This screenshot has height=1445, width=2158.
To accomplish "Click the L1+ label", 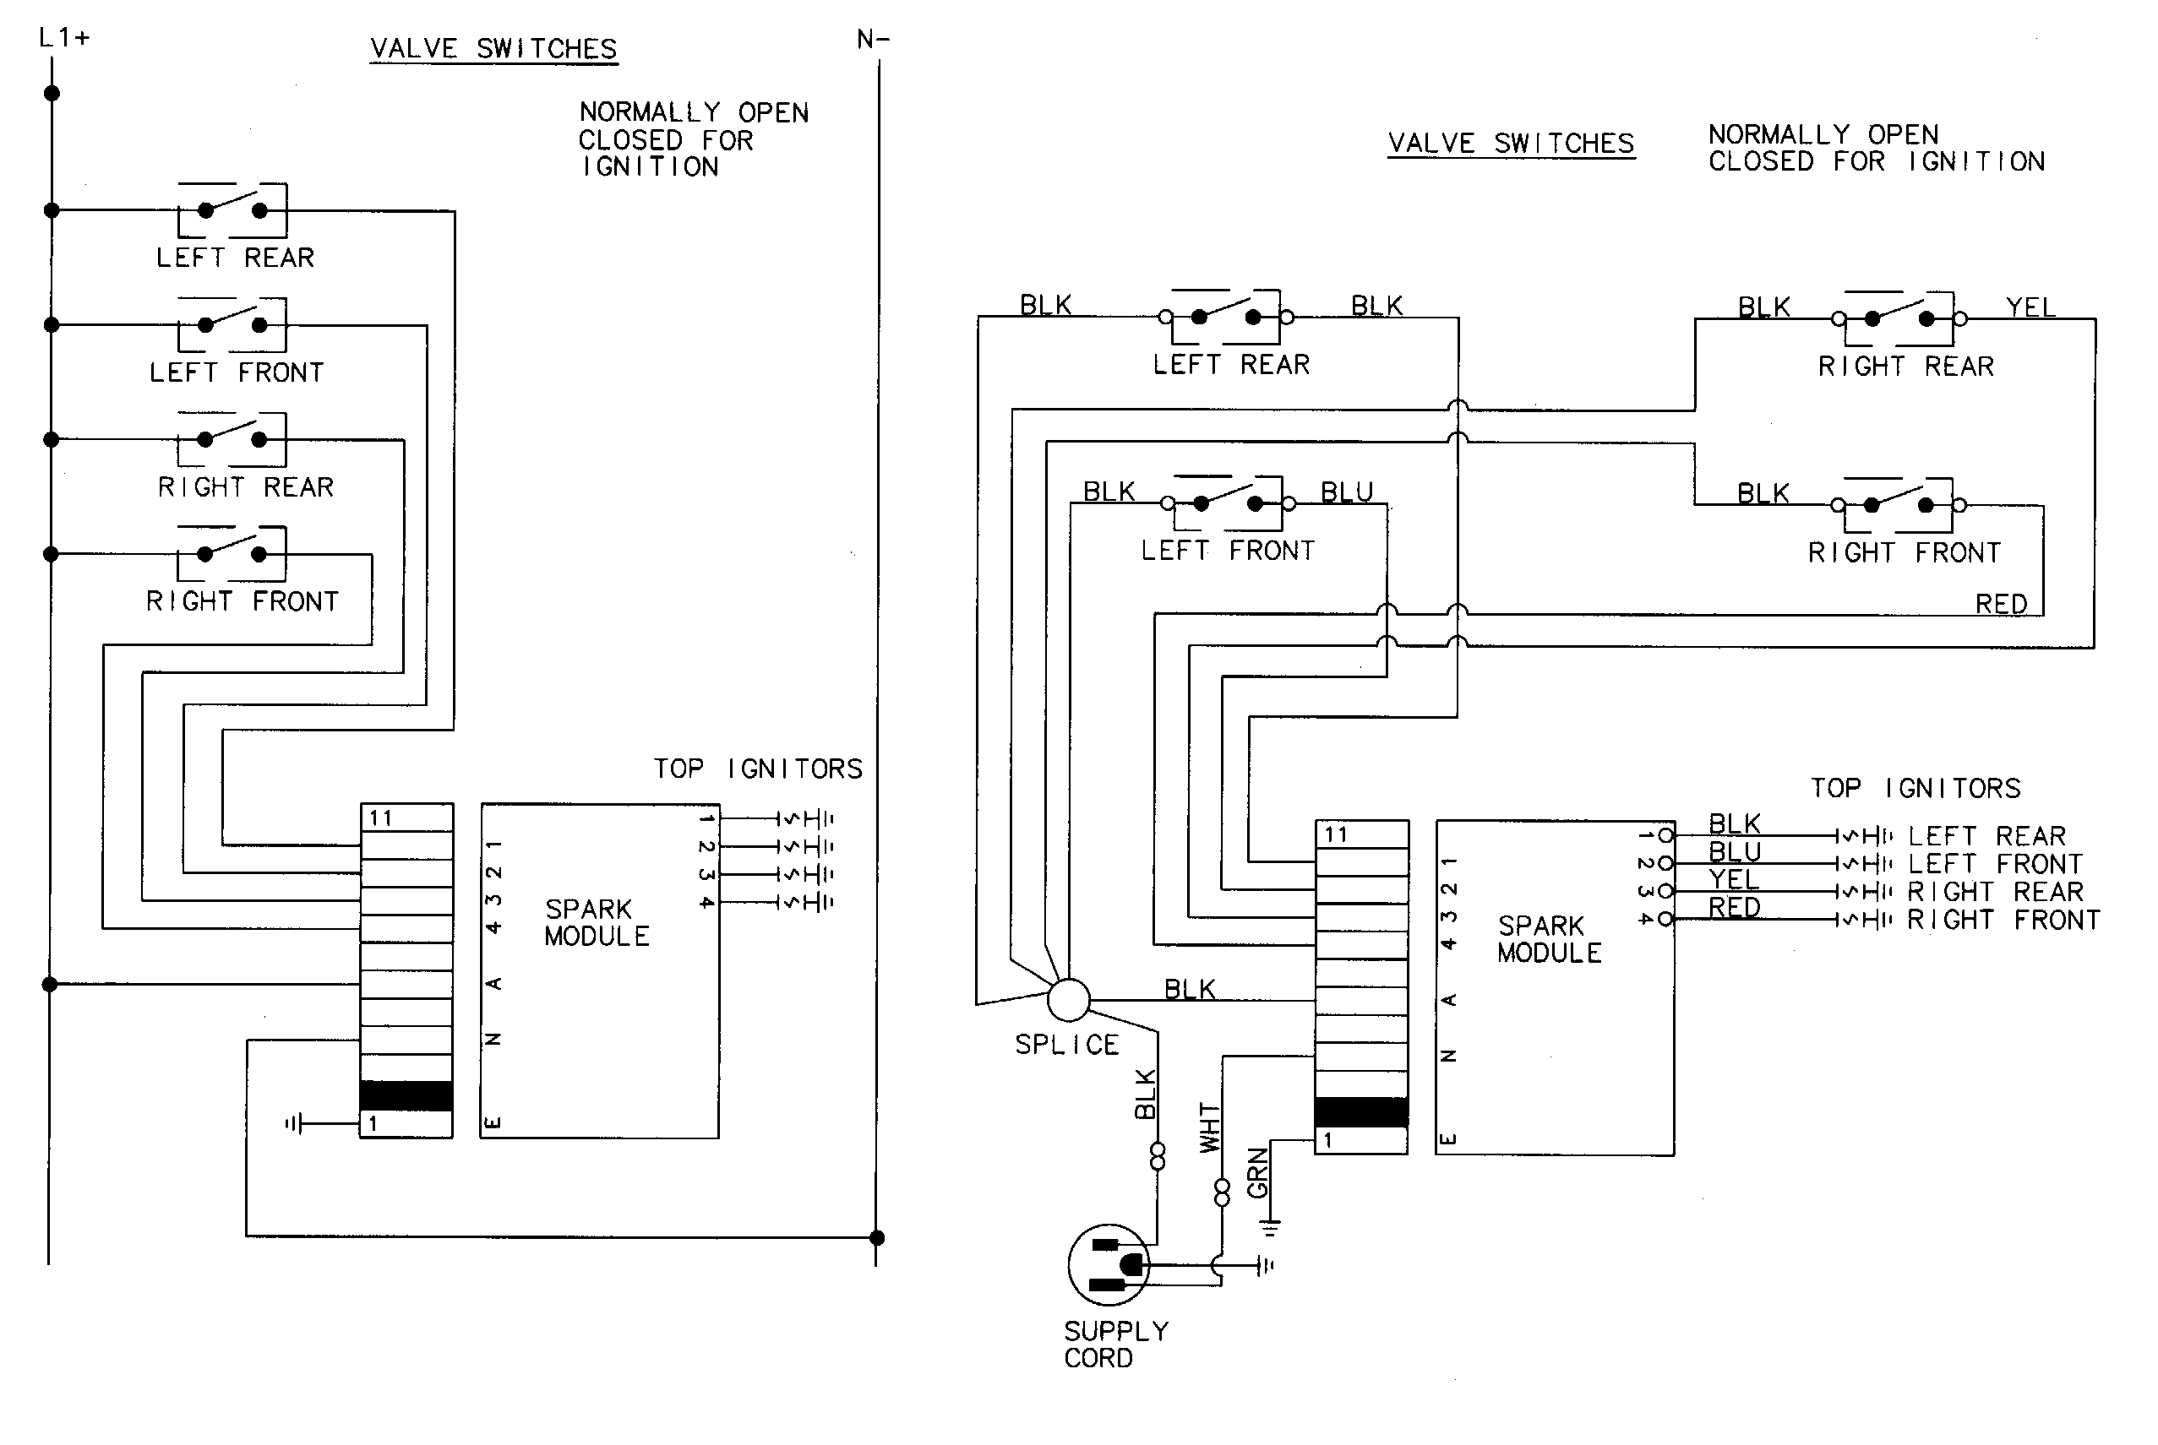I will (x=63, y=38).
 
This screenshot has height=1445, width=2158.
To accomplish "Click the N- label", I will (x=873, y=40).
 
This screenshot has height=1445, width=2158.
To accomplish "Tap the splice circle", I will (x=1068, y=1000).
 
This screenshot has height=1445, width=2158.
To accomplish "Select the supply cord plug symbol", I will (x=1109, y=1265).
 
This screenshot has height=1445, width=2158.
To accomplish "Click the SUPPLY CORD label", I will (x=1115, y=1345).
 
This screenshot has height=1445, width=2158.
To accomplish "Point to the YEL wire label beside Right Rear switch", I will (x=2030, y=307).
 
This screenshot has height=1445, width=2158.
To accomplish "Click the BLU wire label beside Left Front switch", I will (x=1347, y=492).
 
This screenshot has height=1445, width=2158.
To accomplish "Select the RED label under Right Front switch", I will (x=2000, y=604).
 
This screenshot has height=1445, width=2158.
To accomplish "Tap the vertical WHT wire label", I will (x=1208, y=1127).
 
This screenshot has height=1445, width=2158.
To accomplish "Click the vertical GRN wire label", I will (x=1257, y=1173).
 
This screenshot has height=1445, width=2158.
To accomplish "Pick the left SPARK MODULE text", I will (x=597, y=922).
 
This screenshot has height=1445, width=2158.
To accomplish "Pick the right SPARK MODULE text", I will (x=1550, y=939).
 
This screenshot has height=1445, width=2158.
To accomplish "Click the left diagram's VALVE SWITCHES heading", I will (x=493, y=49).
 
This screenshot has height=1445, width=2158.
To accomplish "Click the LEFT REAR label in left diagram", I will (x=235, y=258).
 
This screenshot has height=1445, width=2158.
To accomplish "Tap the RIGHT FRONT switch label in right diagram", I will (x=1905, y=553).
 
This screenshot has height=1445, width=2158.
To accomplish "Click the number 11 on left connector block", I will (x=381, y=818).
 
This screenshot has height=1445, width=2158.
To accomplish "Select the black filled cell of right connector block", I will (x=1360, y=1111).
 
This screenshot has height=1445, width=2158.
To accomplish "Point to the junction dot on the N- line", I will (x=877, y=1237).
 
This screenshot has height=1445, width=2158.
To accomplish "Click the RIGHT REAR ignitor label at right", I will (x=1995, y=892).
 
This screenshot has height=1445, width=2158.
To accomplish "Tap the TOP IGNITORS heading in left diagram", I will (x=758, y=769).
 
